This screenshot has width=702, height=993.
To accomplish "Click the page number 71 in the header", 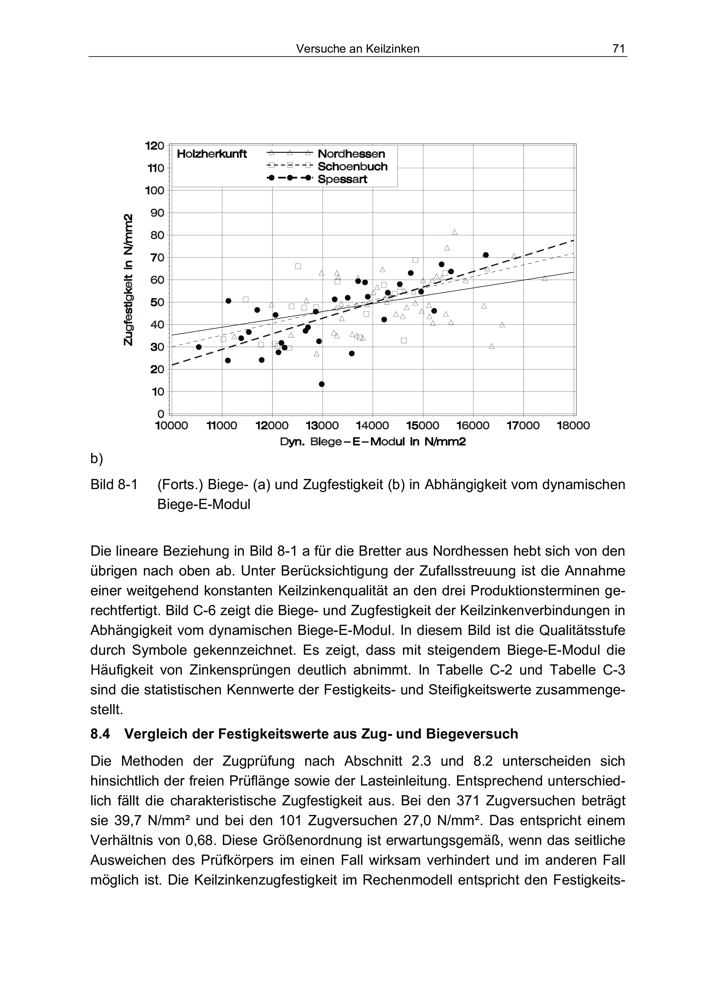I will tap(618, 49).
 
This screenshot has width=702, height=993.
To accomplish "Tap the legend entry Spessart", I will tap(342, 179).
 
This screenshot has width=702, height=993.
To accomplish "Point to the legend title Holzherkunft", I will tap(212, 154).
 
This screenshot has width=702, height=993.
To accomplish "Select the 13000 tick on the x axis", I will tap(322, 425).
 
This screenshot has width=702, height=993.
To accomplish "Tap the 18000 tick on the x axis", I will tap(573, 425).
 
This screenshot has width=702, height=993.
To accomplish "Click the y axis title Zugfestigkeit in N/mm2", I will tap(128, 280).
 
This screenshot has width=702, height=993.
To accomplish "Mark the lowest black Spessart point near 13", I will tap(321, 384).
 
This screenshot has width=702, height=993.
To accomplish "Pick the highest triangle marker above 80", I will tap(455, 232).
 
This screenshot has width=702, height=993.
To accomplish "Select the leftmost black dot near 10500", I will tap(199, 347).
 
